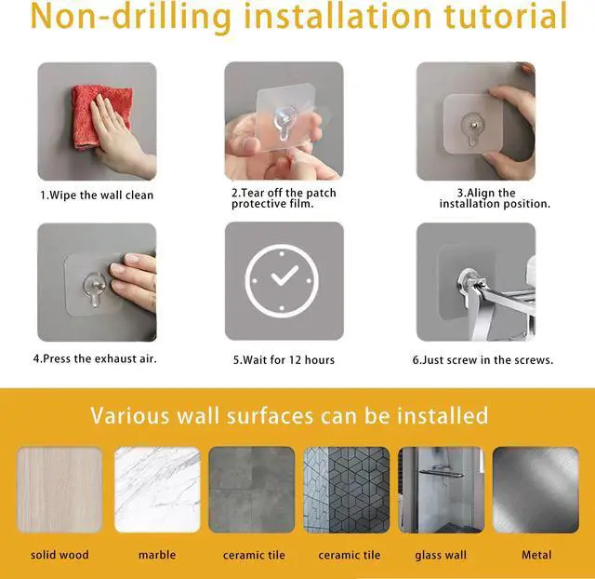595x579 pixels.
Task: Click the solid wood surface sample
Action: (59, 490)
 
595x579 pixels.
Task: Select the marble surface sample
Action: (157, 490)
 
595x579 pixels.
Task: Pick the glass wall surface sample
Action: (441, 490)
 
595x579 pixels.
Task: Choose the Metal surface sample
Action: (535, 490)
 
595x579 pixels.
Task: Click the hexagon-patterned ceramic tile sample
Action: (347, 490)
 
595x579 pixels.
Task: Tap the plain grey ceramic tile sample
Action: (252, 490)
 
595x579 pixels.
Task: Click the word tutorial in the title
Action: (506, 17)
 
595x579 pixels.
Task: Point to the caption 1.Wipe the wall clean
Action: (97, 195)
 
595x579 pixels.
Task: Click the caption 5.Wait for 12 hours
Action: (284, 360)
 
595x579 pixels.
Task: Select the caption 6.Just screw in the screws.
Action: (483, 360)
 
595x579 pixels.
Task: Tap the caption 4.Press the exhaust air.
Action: (95, 358)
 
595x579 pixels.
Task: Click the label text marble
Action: (157, 555)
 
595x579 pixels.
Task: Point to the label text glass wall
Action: (441, 556)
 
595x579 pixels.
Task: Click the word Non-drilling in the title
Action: (131, 17)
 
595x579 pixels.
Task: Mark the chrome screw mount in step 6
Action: (469, 281)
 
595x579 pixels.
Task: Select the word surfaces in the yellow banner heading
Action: (270, 415)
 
